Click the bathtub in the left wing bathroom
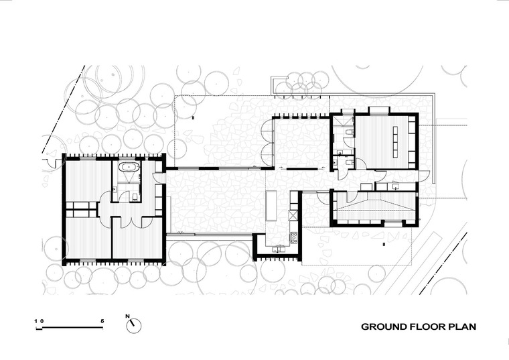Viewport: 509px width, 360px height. pos(129,168)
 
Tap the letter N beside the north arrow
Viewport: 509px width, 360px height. pos(127,316)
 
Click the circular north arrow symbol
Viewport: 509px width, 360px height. pos(134,326)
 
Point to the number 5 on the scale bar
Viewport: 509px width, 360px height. pos(102,321)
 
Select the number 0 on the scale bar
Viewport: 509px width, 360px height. pos(42,321)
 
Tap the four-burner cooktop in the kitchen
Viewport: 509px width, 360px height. pos(294,237)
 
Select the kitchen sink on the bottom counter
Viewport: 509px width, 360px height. pos(279,249)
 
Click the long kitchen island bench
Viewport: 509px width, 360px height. pos(271,205)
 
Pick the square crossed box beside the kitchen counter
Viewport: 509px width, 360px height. pos(293,215)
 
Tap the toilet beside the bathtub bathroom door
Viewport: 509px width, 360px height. pos(135,196)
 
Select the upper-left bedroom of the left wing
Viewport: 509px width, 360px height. pos(88,180)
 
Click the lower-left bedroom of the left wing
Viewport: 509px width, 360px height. pos(88,238)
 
